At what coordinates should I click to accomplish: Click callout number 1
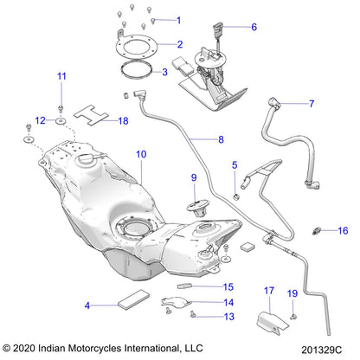(x=179, y=20)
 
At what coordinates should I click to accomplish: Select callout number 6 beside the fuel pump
(x=254, y=27)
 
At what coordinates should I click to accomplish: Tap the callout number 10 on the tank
(x=141, y=155)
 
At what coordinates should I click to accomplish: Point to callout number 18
(x=122, y=121)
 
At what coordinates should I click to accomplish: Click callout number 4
(x=87, y=305)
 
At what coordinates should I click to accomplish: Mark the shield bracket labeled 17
(x=266, y=325)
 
